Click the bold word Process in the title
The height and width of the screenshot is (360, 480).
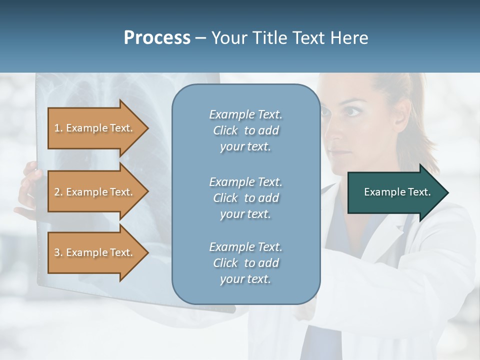[x=157, y=38]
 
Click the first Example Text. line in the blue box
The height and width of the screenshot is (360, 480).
[x=245, y=114]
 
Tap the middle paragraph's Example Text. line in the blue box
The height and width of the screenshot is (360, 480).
[x=245, y=182]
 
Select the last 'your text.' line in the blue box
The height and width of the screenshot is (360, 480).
[x=245, y=279]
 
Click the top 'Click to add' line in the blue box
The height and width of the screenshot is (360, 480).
[x=245, y=130]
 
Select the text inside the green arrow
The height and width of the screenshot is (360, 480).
[x=397, y=192]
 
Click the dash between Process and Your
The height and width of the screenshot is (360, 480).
[x=201, y=38]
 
